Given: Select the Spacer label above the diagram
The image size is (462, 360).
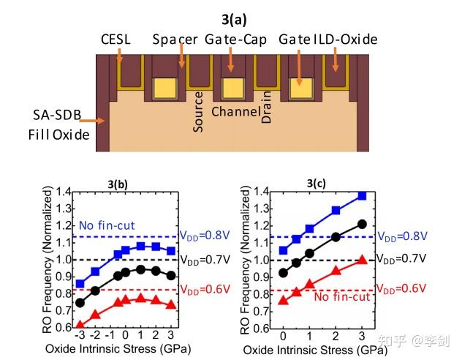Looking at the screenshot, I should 175,37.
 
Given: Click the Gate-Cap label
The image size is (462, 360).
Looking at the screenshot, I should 235,37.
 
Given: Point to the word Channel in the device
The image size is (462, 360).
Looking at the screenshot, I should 235,111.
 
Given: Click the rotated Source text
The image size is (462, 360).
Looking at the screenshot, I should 198,112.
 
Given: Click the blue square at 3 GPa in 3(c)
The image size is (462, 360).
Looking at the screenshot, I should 361,196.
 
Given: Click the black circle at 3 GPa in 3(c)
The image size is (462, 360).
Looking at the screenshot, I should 361,224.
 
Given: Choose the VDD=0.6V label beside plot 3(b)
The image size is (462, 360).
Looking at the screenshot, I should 205,288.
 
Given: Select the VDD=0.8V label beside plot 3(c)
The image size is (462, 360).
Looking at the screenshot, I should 402,236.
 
